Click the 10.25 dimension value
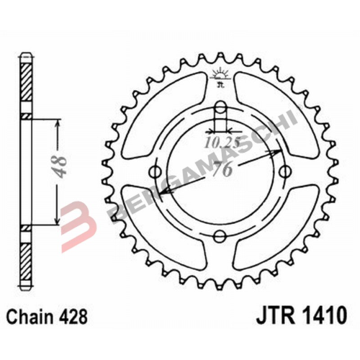coord(222,143)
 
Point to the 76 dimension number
coord(222,168)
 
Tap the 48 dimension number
coord(60,167)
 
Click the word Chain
coord(30,317)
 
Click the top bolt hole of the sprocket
coord(220,107)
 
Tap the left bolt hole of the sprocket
coord(155,171)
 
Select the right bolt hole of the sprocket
coord(286,171)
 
